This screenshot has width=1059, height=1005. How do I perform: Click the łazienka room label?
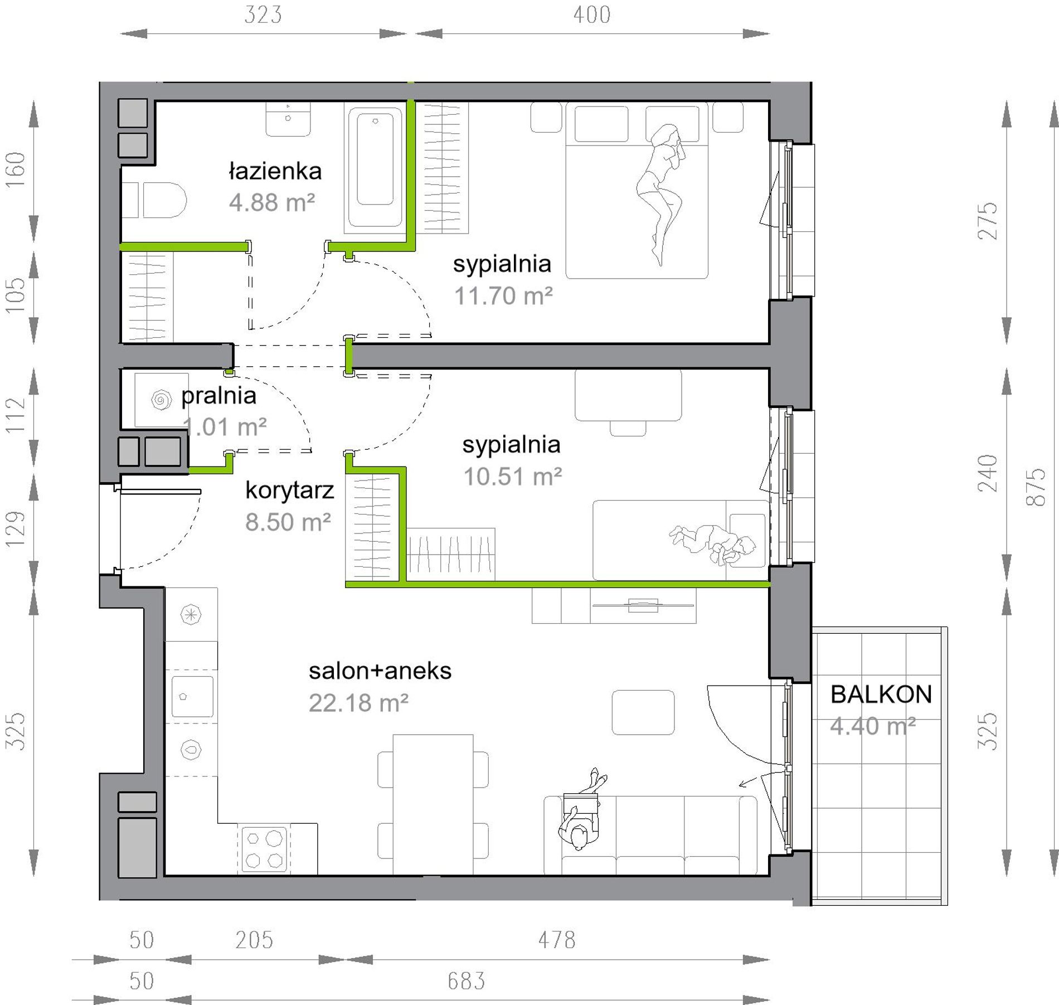[x=275, y=171]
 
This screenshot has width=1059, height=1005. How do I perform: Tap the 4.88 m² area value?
[x=272, y=202]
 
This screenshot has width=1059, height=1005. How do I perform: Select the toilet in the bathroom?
[x=154, y=200]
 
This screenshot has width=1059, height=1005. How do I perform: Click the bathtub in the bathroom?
[x=374, y=166]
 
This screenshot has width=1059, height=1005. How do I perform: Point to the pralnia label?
[x=218, y=396]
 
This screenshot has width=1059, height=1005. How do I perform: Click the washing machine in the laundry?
[x=161, y=400]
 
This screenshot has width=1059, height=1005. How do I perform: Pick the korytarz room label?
[x=289, y=490]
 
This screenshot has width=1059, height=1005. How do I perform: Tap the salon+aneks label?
[x=380, y=671]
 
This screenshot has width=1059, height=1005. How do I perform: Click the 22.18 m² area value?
[x=358, y=703]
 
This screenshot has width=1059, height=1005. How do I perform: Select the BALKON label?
[x=881, y=695]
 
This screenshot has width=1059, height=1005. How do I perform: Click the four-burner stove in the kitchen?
[x=264, y=848]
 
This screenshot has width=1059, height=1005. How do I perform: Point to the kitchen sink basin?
[x=192, y=696]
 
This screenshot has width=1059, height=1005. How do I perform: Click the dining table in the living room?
[x=433, y=804]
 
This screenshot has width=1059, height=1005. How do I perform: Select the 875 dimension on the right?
[x=1036, y=487]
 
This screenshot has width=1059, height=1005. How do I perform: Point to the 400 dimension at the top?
[x=592, y=14]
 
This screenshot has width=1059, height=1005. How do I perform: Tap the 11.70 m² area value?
[x=503, y=296]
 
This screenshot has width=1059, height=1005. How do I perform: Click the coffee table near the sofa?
[x=643, y=712]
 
